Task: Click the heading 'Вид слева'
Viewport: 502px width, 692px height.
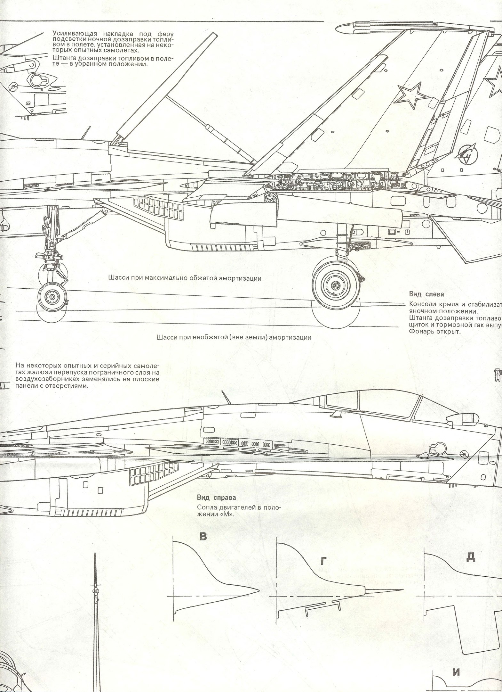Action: pos(426,294)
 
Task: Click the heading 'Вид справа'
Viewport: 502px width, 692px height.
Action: pos(216,507)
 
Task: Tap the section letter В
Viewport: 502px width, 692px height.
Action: pos(203,536)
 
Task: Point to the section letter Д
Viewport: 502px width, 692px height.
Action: pos(470,558)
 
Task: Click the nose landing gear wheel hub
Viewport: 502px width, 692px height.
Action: pos(52,298)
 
